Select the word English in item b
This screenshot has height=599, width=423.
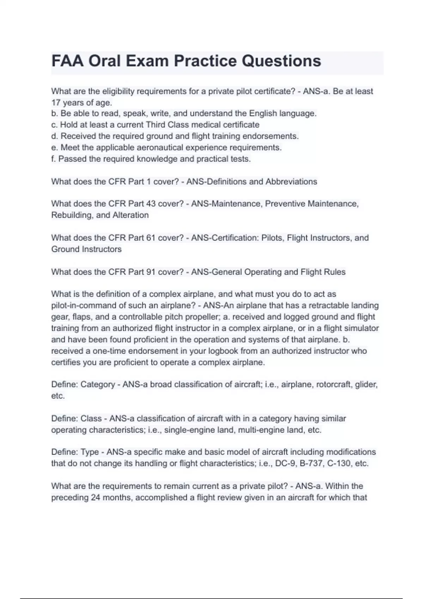pos(263,113)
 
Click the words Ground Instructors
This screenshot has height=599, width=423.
pos(86,249)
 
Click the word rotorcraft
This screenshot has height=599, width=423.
pos(333,384)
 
